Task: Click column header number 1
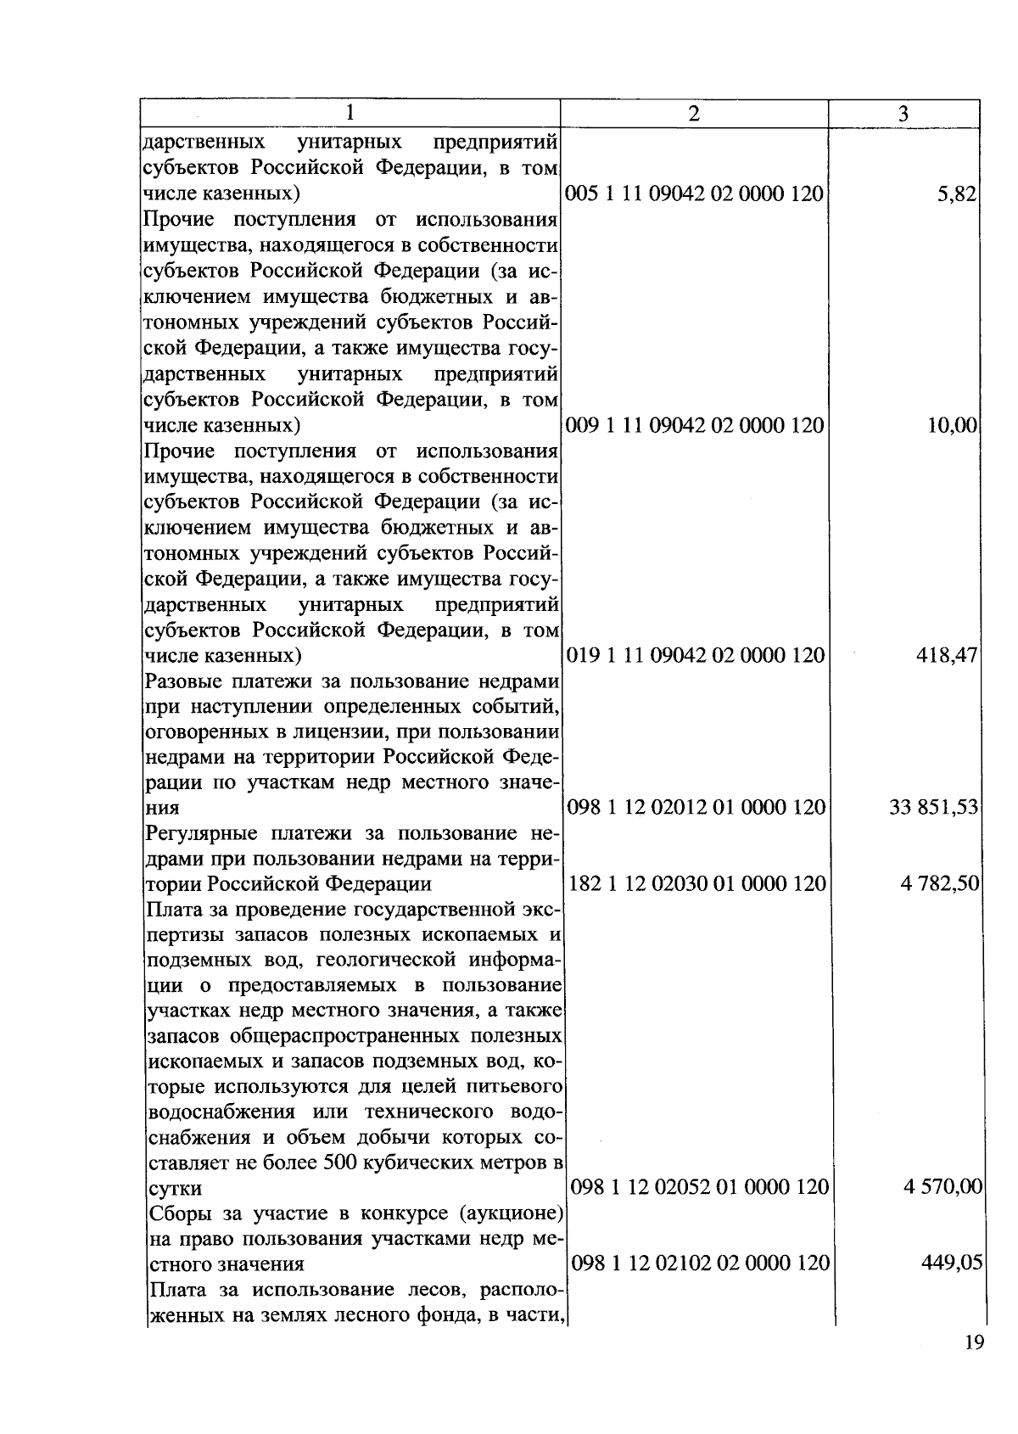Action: (350, 114)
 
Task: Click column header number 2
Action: (694, 114)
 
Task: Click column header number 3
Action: (903, 114)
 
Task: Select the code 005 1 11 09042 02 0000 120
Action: (694, 194)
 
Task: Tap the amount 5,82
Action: (958, 194)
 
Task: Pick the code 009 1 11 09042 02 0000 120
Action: (694, 425)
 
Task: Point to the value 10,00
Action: (953, 425)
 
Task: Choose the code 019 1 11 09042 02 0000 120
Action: (695, 656)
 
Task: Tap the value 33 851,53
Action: (934, 807)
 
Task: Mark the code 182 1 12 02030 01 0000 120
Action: (696, 884)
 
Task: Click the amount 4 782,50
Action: (941, 884)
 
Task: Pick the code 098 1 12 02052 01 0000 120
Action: (699, 1187)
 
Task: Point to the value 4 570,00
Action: (942, 1187)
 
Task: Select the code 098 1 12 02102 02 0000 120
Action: (700, 1263)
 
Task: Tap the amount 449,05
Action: (952, 1263)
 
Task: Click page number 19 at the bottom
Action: (974, 1343)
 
